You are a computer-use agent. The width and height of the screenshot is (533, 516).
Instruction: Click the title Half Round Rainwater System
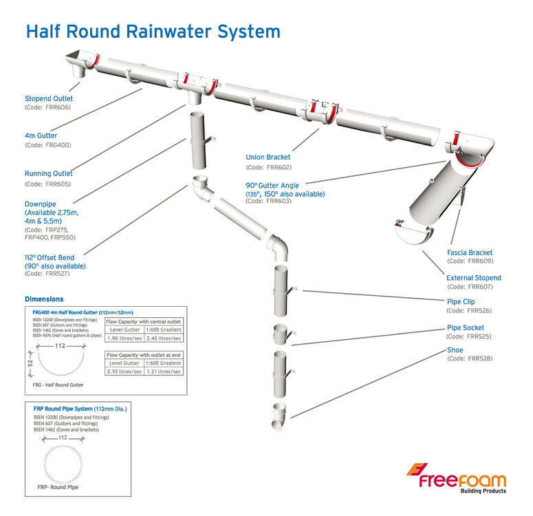[x=153, y=32]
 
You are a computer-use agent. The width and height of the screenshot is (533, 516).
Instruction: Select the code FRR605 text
[x=47, y=184]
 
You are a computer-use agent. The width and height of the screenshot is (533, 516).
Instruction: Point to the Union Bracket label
[x=268, y=158]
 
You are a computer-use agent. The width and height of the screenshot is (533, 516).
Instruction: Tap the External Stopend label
[x=474, y=278]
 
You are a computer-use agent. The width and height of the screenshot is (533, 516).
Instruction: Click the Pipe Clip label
[x=461, y=301]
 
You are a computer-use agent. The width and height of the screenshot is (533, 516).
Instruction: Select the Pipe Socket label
[x=465, y=327]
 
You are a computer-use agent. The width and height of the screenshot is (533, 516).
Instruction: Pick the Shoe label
[x=455, y=350]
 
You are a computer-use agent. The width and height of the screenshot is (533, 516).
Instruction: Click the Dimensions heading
[x=44, y=299]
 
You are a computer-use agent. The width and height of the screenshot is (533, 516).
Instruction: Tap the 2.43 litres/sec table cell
[x=165, y=338]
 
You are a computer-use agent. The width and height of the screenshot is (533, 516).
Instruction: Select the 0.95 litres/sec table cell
[x=124, y=372]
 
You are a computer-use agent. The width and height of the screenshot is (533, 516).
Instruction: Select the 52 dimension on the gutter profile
[x=30, y=363]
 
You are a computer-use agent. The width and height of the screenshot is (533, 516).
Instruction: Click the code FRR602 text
[x=261, y=168]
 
